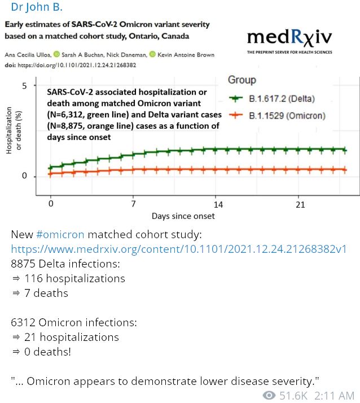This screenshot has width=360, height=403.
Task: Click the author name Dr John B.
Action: (x=37, y=8)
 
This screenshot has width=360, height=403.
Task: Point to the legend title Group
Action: (x=242, y=80)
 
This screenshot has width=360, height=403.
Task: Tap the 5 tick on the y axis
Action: (x=24, y=86)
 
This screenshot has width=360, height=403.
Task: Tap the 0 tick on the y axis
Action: (x=24, y=176)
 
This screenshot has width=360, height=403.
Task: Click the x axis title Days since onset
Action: (x=183, y=216)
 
